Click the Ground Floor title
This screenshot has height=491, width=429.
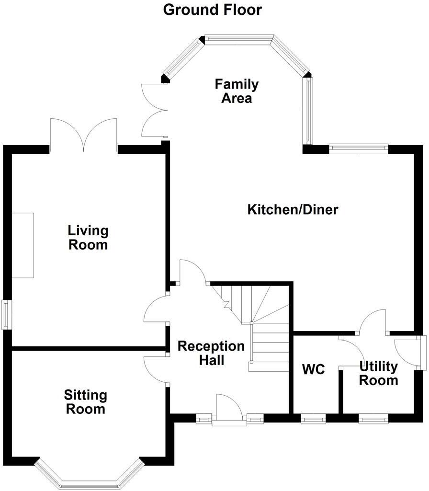213,10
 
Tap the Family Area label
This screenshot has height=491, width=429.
237,91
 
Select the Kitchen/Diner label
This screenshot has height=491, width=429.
293,209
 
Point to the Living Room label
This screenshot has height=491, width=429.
88,238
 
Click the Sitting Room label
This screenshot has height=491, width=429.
86,402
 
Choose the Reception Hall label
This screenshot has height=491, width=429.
211,353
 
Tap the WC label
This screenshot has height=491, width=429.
314,369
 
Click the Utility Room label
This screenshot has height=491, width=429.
378,374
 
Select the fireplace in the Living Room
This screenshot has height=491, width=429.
23,245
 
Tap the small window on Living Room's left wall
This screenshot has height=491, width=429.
6,314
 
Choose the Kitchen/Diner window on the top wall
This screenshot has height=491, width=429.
358,148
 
